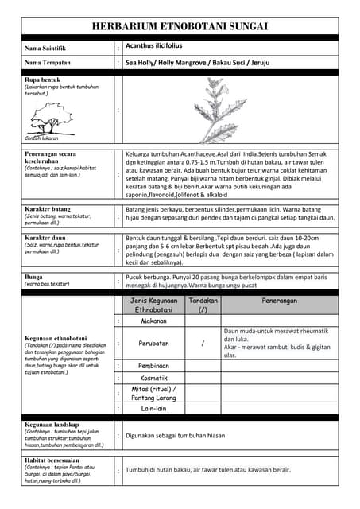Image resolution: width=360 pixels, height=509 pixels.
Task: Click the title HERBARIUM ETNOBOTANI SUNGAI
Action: [x=180, y=26]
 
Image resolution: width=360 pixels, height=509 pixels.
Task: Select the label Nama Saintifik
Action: [x=45, y=49]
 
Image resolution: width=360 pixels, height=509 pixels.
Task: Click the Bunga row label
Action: [x=34, y=277]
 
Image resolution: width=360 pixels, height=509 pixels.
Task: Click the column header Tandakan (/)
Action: [x=203, y=305]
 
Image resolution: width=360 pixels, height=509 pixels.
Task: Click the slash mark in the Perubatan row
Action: [x=203, y=344]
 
